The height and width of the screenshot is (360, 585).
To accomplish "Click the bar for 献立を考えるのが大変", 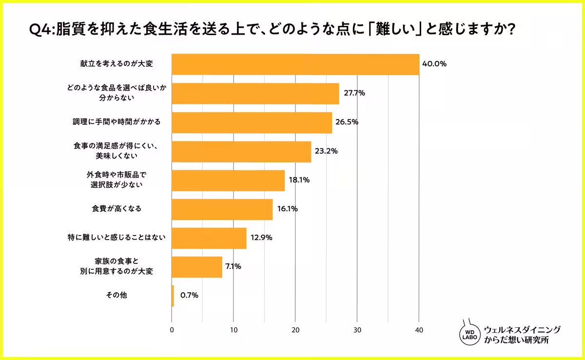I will (295, 64).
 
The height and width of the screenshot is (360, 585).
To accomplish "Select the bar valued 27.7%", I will (255, 93).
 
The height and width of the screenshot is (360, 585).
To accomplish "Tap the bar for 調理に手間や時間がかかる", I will (252, 122).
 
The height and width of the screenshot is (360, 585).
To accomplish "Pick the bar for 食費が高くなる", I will (222, 209).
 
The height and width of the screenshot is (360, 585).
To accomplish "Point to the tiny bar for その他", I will (173, 296).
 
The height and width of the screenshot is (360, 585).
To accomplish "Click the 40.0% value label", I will (434, 64).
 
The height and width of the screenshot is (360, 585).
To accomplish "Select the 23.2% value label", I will (326, 151).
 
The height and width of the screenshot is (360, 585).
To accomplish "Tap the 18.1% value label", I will (299, 180).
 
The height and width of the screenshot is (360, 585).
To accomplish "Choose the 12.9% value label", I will (261, 238).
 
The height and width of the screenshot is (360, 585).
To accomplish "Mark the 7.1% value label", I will (233, 267).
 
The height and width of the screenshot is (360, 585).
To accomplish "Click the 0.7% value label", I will (189, 296).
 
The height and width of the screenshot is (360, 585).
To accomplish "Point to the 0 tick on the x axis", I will (172, 330).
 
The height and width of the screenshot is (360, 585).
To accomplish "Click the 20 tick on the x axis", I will (295, 330).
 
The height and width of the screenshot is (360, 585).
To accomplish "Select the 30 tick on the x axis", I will (357, 330).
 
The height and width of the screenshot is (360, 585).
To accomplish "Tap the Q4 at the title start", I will (40, 30).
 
